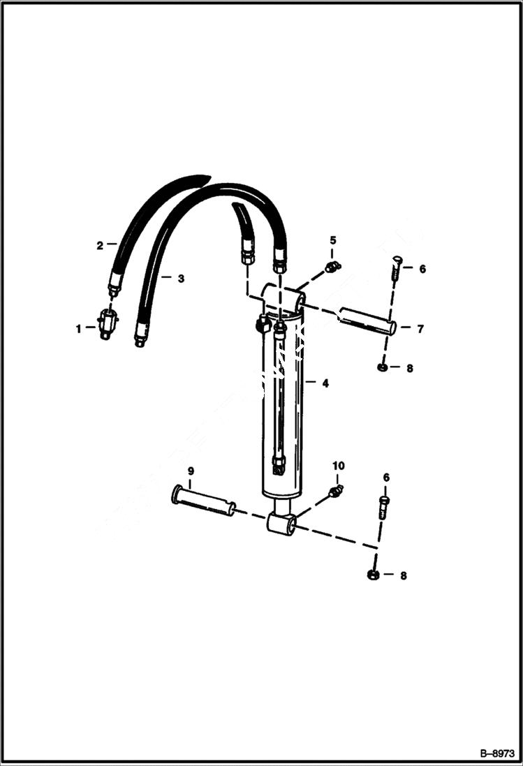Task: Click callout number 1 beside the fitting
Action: pos(79,327)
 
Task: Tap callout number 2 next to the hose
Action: pos(100,245)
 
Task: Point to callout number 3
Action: pos(181,279)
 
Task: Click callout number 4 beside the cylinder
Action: pos(325,383)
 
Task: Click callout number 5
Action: pos(333,241)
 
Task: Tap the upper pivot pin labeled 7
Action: pos(367,321)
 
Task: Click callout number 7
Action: pos(420,328)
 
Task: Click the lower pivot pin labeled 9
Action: pos(203,501)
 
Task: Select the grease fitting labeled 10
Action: pos(334,492)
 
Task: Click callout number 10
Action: pos(338,466)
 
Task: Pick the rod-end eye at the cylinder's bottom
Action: pos(281,523)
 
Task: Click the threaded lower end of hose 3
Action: pos(140,339)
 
